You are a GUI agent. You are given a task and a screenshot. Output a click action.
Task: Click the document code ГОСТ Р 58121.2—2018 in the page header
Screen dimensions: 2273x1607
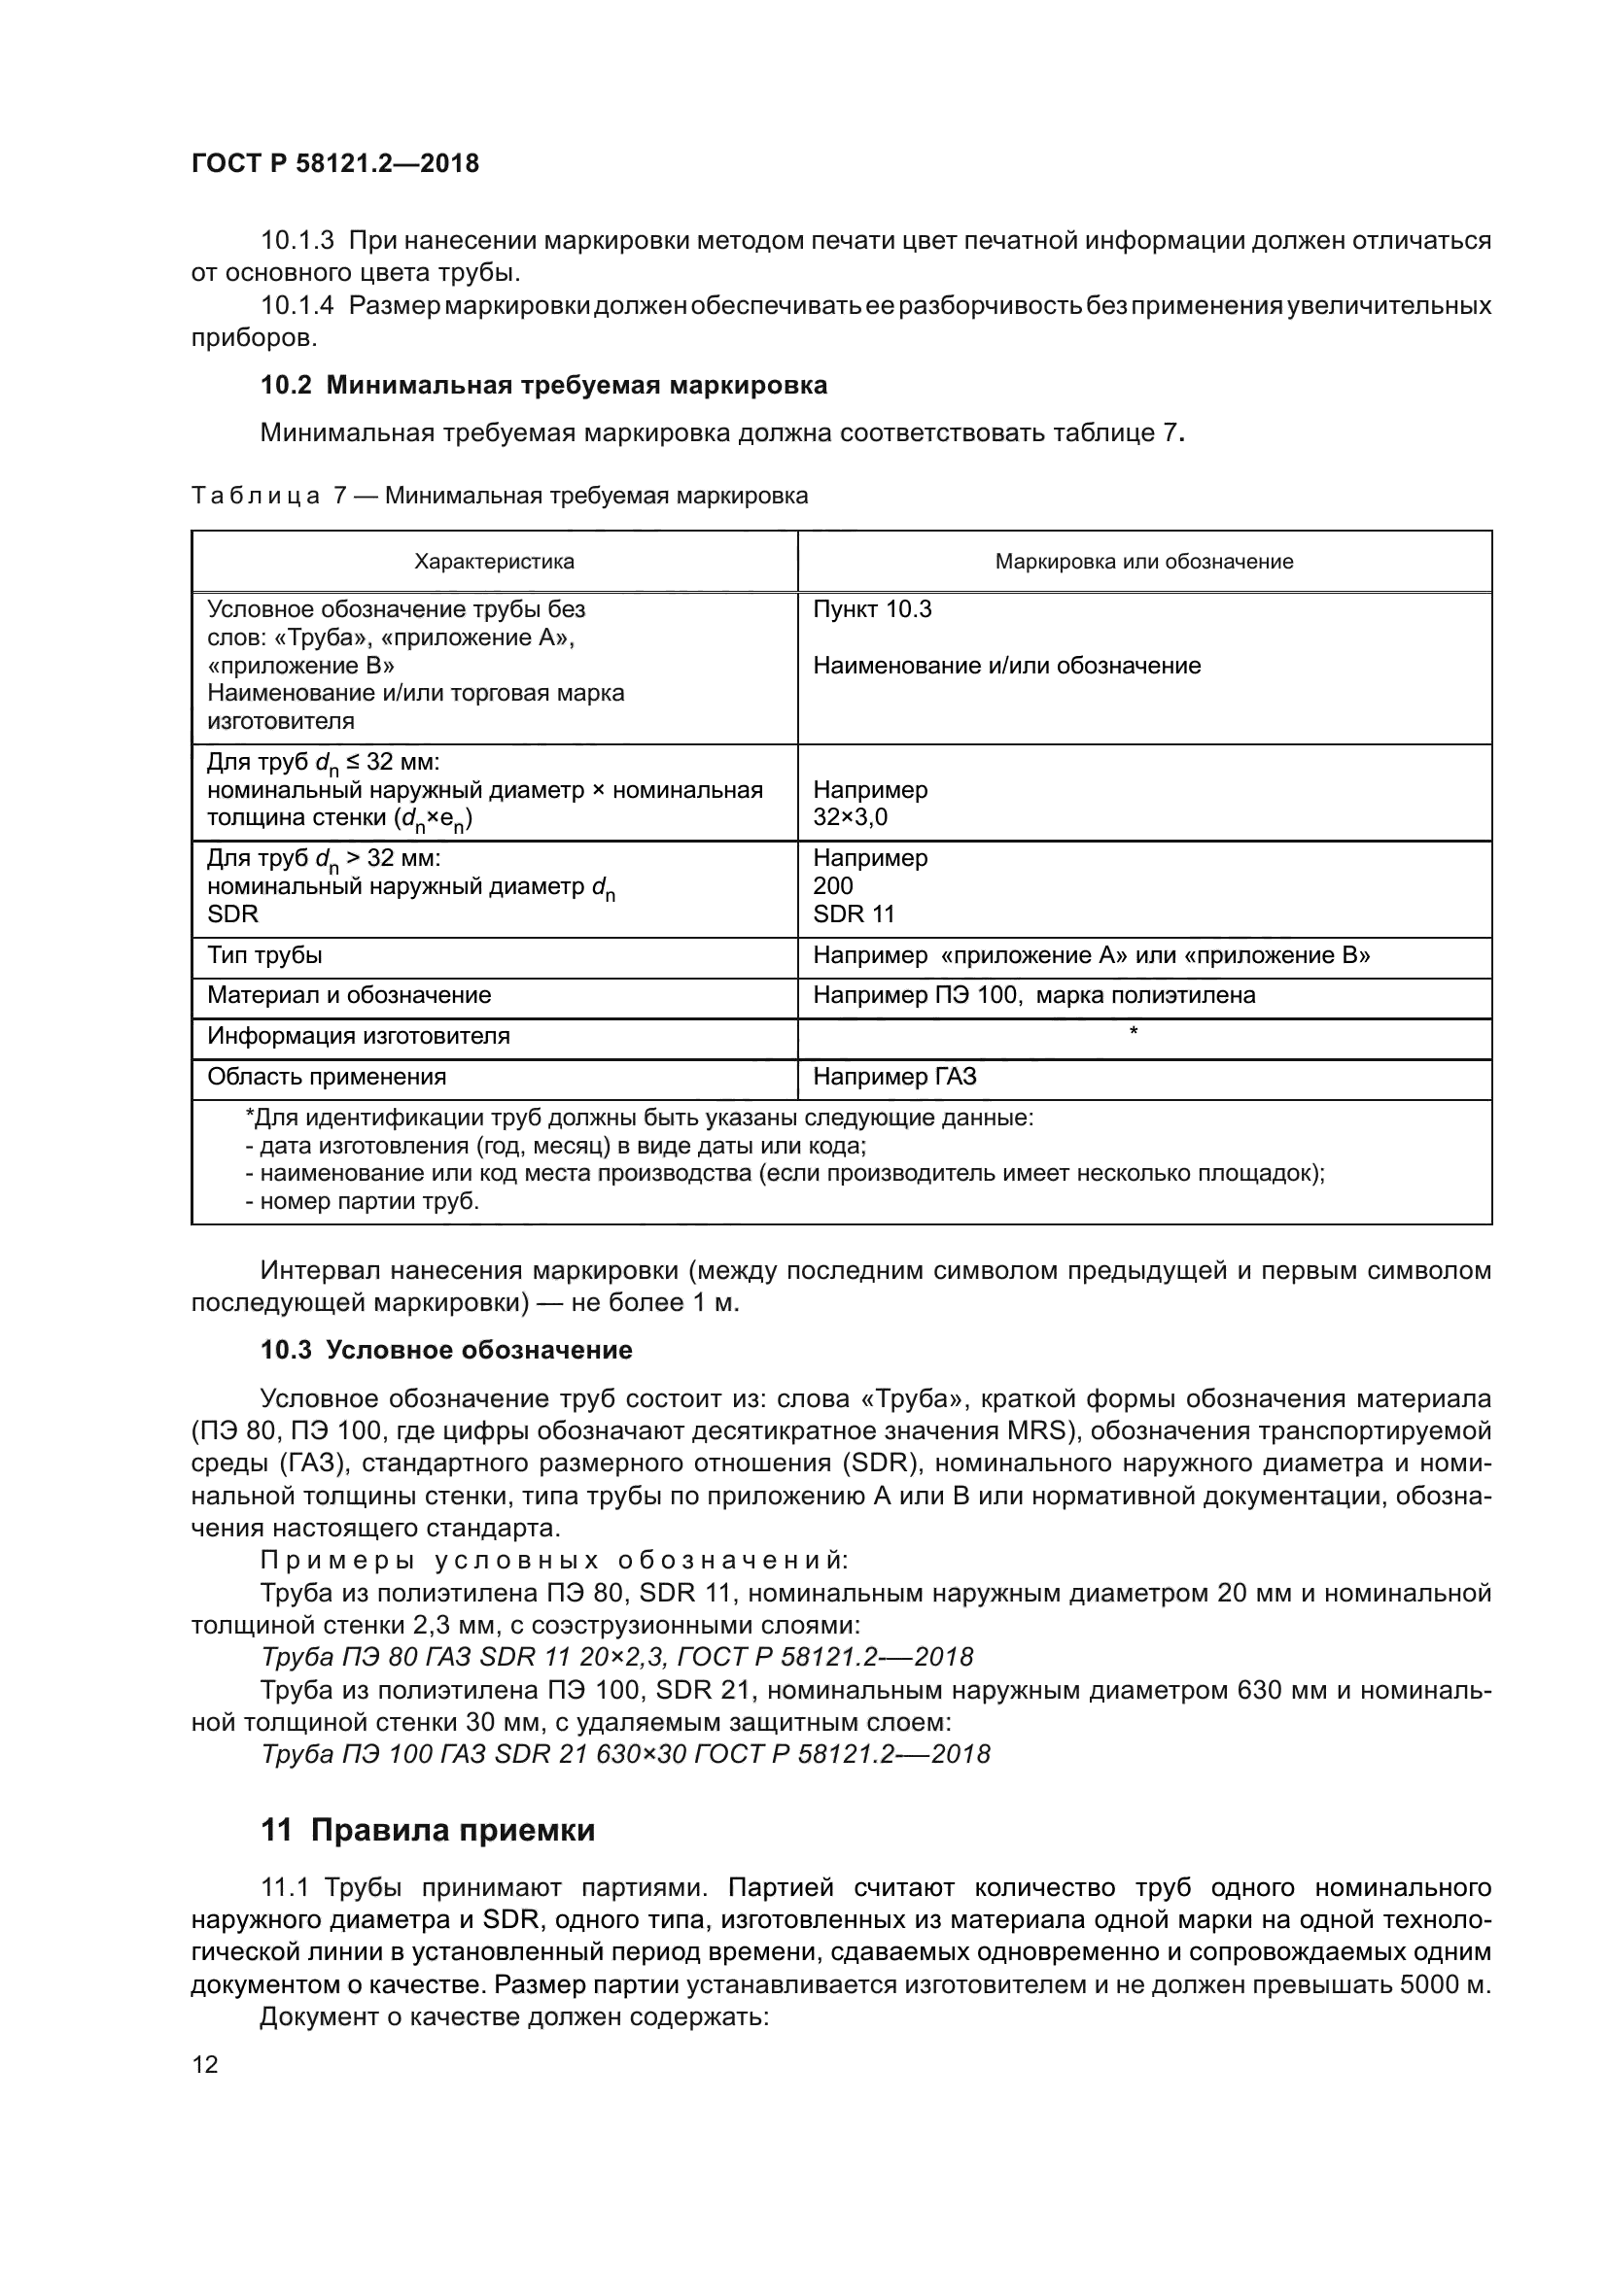click(x=334, y=163)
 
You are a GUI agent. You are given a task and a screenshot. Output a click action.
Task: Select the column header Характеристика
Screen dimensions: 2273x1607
click(x=494, y=562)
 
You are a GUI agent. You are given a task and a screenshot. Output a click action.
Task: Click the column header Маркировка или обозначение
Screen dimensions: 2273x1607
click(x=1143, y=562)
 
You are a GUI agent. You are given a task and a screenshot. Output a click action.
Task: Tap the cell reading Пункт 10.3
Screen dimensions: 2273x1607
click(x=872, y=609)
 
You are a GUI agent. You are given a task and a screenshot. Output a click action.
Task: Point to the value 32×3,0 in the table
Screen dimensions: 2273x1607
click(x=851, y=817)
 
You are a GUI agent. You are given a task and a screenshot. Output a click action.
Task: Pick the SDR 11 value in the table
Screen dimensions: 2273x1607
click(x=854, y=913)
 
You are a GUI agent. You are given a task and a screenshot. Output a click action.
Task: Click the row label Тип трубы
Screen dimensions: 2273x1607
click(x=264, y=955)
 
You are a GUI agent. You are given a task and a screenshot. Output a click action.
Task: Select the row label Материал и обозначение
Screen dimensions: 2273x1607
click(x=349, y=995)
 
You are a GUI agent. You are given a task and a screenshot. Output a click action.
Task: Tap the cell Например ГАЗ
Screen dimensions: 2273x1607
click(x=894, y=1076)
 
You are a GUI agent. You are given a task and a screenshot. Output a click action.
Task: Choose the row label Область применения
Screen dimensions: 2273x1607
click(x=327, y=1076)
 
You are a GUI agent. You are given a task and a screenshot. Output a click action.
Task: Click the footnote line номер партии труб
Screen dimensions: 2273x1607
click(x=362, y=1201)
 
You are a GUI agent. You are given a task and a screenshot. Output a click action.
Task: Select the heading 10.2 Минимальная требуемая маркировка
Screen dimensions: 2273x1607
click(x=543, y=385)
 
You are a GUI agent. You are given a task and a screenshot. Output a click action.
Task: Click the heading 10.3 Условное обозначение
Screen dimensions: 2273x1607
click(x=445, y=1350)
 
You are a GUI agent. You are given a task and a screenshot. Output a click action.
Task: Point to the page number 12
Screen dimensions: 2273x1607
click(x=205, y=2064)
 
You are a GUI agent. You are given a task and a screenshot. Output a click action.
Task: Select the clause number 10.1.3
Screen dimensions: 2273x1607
click(x=297, y=241)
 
